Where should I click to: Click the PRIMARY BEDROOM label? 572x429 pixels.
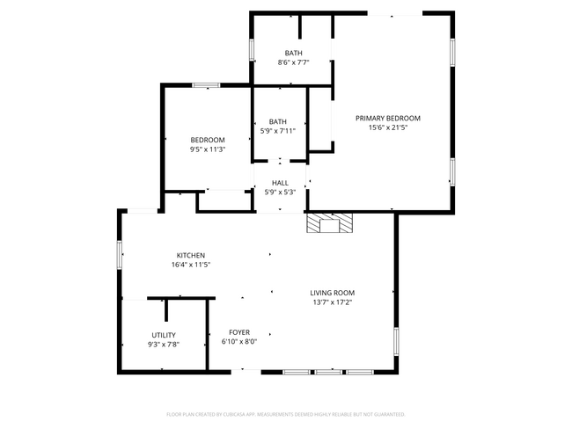tap(387, 118)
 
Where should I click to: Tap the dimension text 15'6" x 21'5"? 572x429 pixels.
tap(387, 127)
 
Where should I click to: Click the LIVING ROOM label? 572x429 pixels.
tap(338, 293)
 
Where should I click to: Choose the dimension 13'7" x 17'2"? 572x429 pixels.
tap(338, 302)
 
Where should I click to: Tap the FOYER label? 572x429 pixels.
tap(239, 332)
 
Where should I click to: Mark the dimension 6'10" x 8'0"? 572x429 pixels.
tap(239, 342)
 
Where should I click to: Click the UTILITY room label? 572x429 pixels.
tap(164, 335)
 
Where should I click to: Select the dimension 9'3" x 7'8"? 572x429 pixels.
tap(164, 345)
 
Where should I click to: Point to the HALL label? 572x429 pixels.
tap(280, 183)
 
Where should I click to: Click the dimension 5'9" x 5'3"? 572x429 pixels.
tap(280, 193)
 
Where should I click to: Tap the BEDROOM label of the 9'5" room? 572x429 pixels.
tap(208, 140)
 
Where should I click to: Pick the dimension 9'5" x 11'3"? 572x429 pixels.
tap(208, 149)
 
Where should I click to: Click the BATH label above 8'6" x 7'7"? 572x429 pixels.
tap(293, 53)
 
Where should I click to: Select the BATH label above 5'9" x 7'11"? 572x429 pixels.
tap(278, 121)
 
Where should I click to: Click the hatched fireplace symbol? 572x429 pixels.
tap(329, 224)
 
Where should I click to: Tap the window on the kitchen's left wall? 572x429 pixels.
tap(121, 252)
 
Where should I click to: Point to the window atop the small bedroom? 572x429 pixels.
tap(206, 85)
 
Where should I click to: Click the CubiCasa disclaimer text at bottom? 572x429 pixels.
tap(285, 413)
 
